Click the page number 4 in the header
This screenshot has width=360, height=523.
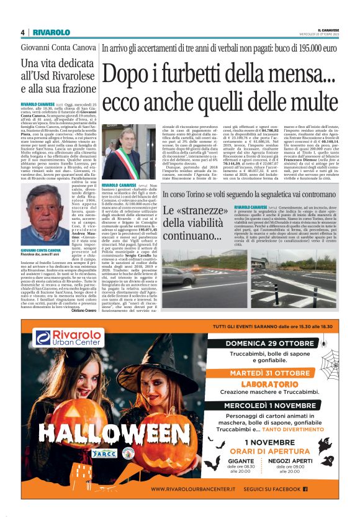(x=23, y=32)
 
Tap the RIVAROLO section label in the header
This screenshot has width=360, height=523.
(x=52, y=32)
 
